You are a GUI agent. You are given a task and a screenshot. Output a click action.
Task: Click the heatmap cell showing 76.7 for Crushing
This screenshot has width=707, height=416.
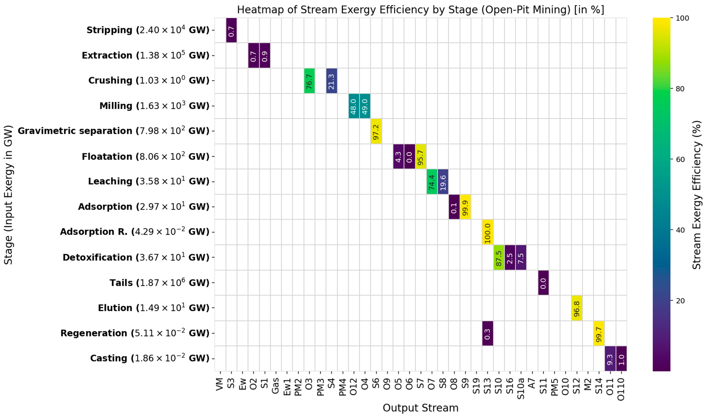309,81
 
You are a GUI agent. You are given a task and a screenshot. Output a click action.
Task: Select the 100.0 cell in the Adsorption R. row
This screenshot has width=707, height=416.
488,232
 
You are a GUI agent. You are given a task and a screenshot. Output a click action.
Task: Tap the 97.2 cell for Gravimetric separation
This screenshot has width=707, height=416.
376,131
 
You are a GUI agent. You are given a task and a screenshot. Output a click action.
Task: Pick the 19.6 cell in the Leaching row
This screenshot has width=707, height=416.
443,182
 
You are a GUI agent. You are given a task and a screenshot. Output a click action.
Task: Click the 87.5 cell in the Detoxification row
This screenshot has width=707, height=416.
499,257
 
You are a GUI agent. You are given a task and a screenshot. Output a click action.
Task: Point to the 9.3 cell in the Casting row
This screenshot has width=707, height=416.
610,358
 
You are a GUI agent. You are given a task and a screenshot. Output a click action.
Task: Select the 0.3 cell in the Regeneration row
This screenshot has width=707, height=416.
488,333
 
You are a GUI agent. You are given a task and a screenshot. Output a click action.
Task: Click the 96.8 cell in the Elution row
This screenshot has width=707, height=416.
577,308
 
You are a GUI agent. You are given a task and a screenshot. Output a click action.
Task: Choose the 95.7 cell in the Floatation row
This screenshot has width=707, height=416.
421,156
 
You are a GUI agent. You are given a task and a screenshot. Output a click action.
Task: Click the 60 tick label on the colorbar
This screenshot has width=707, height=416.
680,159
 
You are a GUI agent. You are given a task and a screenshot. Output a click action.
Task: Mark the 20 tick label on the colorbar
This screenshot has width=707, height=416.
680,301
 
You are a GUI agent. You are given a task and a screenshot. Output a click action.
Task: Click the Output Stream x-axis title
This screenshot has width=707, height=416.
420,408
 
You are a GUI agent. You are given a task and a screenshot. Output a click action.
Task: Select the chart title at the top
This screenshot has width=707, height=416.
420,10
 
